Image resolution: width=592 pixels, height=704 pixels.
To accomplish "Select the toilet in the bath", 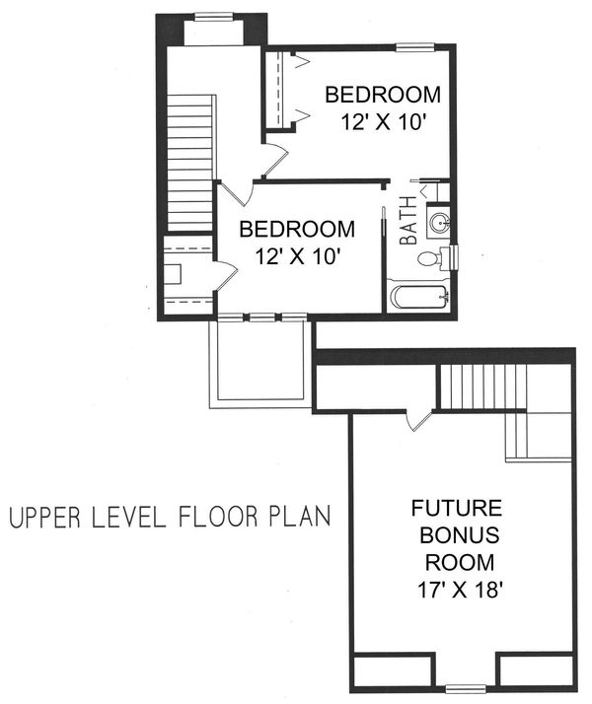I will pos(430,259).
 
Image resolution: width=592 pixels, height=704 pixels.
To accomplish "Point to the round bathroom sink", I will pos(437,220).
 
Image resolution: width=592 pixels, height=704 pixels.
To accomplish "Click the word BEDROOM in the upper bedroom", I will pos(382,96).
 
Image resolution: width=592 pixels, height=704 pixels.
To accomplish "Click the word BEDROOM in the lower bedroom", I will pos(297,230).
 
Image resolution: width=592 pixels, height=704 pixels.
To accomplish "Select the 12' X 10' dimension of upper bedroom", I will pos(382,124).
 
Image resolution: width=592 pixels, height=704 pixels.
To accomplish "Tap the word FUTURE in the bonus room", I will pos(457,510).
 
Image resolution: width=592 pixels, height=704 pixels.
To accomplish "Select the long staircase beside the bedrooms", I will pos(189,162).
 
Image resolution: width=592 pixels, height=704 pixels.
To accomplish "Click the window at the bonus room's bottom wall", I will pos(465,687).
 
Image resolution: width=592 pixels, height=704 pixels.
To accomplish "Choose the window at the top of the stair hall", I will pos(213,16).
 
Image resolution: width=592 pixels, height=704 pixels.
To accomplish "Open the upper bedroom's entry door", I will pos(273,156).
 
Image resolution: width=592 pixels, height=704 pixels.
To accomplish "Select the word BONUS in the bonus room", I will pos(457,537).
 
